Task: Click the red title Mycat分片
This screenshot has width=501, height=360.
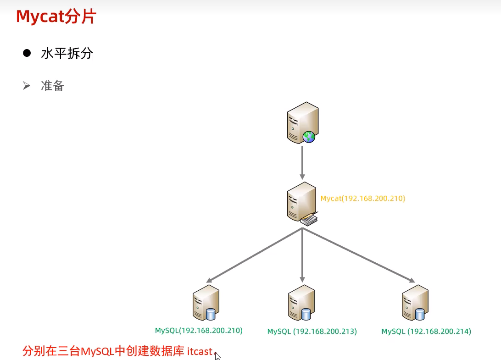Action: coord(56,17)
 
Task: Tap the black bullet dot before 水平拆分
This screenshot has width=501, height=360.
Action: coord(27,53)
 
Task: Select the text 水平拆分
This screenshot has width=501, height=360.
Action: coord(67,54)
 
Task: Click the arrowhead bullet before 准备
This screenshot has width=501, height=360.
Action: coord(26,85)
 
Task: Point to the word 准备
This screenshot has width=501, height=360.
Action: coord(52,86)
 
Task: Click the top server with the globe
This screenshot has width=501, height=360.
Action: coord(302,122)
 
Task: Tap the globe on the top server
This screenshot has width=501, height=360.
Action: coord(309,136)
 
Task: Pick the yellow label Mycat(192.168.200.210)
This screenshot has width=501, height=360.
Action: coord(363,199)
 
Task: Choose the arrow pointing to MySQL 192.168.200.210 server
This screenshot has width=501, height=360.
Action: coord(254,255)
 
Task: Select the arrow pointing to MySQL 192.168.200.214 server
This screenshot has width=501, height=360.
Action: coord(358,255)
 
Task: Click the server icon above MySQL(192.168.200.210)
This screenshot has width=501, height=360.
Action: coord(205,303)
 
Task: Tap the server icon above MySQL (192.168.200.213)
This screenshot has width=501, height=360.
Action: coord(301,303)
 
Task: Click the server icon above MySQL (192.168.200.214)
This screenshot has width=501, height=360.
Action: coord(414,303)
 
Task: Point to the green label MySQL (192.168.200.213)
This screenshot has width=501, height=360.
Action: coord(312,332)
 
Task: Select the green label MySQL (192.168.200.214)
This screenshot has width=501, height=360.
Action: coord(426,332)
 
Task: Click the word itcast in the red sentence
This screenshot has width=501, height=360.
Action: coord(200,352)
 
